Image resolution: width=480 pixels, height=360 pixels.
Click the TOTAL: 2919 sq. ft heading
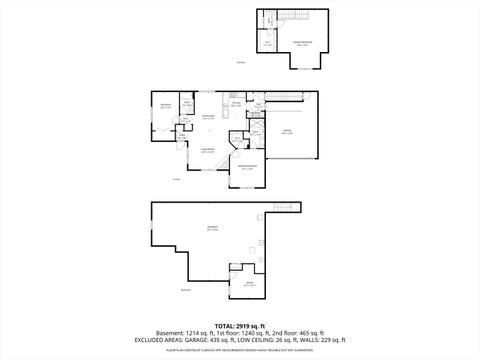pyautogui.click(x=239, y=325)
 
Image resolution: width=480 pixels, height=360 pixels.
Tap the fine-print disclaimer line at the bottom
pyautogui.click(x=239, y=350)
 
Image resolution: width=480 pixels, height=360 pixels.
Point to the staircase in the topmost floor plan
pyautogui.click(x=298, y=19)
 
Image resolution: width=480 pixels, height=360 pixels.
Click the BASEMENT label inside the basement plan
pyautogui.click(x=212, y=229)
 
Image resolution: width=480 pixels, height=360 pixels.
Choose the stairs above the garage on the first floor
pyautogui.click(x=285, y=97)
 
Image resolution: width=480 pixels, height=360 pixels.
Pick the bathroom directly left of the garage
pyautogui.click(x=255, y=130)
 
